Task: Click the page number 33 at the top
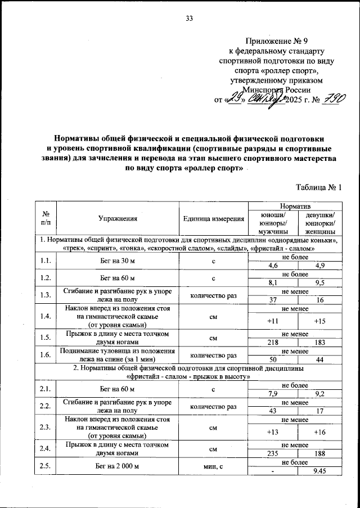(x=189, y=19)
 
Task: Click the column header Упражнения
(x=118, y=219)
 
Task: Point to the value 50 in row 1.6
(x=273, y=359)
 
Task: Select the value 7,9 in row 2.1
(x=273, y=393)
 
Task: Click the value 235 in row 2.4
(x=273, y=453)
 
